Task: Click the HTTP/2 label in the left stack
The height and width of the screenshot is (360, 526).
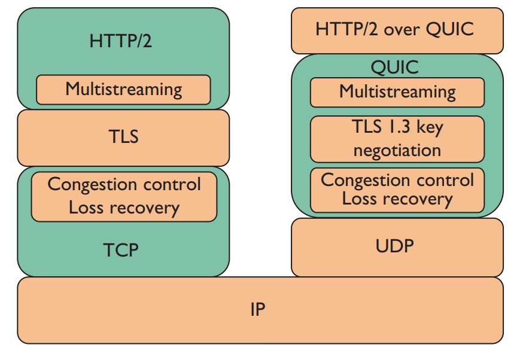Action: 120,41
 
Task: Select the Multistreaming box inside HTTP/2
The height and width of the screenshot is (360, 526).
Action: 123,90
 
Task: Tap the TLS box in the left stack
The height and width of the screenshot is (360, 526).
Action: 123,138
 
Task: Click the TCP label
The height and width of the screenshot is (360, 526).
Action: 121,250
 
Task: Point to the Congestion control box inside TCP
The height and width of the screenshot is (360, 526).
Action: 124,197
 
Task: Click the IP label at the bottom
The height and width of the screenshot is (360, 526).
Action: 258,309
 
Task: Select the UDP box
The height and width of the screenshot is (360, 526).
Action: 397,248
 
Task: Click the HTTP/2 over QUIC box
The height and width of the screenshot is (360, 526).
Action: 397,31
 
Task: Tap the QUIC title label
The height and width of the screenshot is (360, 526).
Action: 395,68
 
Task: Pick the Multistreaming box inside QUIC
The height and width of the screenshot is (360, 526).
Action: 397,93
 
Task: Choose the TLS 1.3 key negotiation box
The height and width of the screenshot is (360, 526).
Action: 397,139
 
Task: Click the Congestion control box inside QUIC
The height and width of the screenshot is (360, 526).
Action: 397,190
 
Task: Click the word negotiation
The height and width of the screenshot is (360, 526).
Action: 397,151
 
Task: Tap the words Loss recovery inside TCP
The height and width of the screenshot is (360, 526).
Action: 124,208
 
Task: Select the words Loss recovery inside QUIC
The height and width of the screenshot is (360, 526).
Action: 397,199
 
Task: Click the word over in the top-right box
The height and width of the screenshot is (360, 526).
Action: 402,30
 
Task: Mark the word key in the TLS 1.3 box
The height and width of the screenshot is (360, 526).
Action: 430,128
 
